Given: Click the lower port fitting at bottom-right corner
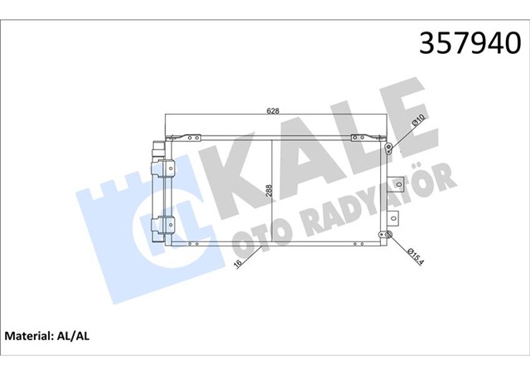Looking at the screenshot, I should tap(387, 236).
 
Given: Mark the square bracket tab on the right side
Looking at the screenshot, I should tap(397, 183).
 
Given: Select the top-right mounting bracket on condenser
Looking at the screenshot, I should tap(358, 138).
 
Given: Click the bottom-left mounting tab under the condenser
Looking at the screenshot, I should tap(191, 246).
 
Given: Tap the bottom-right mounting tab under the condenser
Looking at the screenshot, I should tap(356, 246).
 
